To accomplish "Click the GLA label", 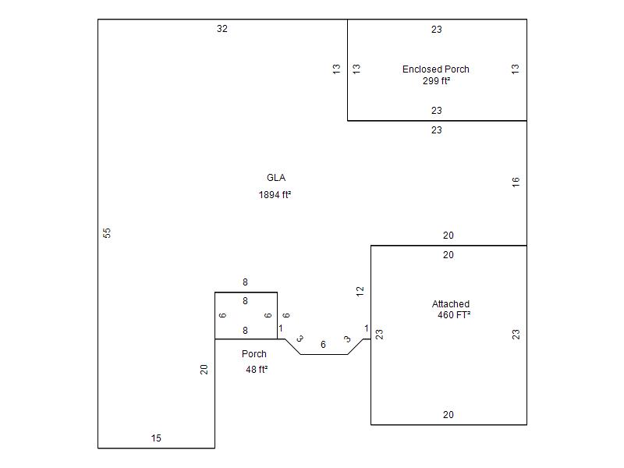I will [x=275, y=178].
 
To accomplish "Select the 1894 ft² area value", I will [x=275, y=195].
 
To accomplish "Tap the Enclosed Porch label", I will [x=435, y=69].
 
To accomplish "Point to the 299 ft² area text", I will [x=436, y=80].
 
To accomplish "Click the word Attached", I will [x=451, y=304].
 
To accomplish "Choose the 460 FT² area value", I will [x=454, y=315].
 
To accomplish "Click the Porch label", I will [x=253, y=354].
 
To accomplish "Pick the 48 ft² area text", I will [x=257, y=370].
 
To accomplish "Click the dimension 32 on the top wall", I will [x=222, y=29].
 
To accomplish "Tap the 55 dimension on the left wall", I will [x=108, y=233].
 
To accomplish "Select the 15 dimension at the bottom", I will [x=156, y=438].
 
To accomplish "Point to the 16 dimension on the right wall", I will [x=516, y=182].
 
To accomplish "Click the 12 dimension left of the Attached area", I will [x=360, y=291].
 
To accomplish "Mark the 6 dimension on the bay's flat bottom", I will [x=323, y=344].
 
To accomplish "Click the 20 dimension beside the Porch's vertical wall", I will [x=204, y=369].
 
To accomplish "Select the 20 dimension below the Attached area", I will [x=448, y=415].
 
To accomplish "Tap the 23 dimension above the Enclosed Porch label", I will [x=437, y=30].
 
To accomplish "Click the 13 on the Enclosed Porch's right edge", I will [x=515, y=69].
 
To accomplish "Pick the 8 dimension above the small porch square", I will [x=245, y=282].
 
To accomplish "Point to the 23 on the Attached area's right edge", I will [x=516, y=334].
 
